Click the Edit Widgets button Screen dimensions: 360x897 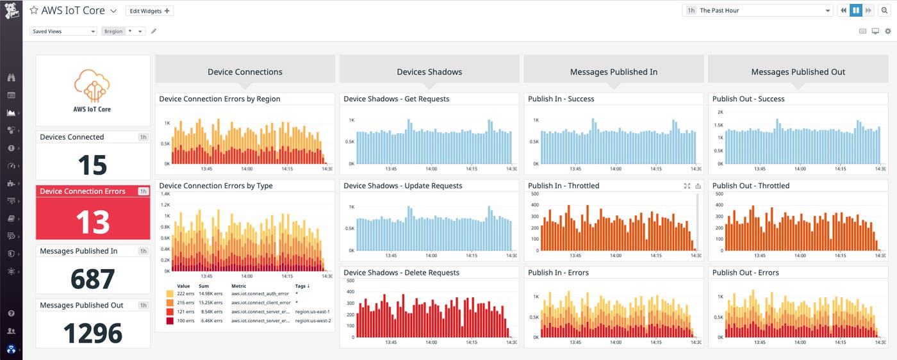point(149,11)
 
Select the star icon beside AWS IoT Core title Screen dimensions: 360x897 point(33,11)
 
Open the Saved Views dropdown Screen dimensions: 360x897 point(63,31)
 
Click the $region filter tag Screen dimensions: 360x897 point(113,31)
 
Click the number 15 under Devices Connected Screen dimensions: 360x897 point(92,165)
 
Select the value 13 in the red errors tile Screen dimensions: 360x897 point(92,221)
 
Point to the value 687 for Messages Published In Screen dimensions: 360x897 point(92,279)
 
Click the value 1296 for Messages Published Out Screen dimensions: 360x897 point(92,333)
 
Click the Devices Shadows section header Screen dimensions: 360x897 point(429,72)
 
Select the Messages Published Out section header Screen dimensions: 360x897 point(798,72)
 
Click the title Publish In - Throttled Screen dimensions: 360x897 point(563,186)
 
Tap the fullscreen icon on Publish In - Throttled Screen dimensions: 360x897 point(687,186)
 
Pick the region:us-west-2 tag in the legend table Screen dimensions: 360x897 point(313,320)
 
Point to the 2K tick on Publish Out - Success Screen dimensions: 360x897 point(720,111)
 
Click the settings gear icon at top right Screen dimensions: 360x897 point(887,31)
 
